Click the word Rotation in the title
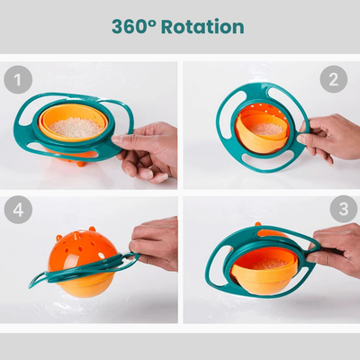[202, 26]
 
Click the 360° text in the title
[134, 26]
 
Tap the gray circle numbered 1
[18, 79]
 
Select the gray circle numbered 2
[334, 79]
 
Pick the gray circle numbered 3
[344, 209]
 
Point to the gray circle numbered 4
[18, 210]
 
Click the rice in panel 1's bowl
[75, 128]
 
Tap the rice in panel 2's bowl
[267, 129]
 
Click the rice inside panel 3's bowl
[269, 264]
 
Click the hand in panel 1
[147, 151]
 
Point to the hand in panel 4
[155, 243]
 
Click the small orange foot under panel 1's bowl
[80, 164]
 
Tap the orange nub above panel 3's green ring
[258, 224]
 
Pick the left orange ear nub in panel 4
[59, 238]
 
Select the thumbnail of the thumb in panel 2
[301, 139]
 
